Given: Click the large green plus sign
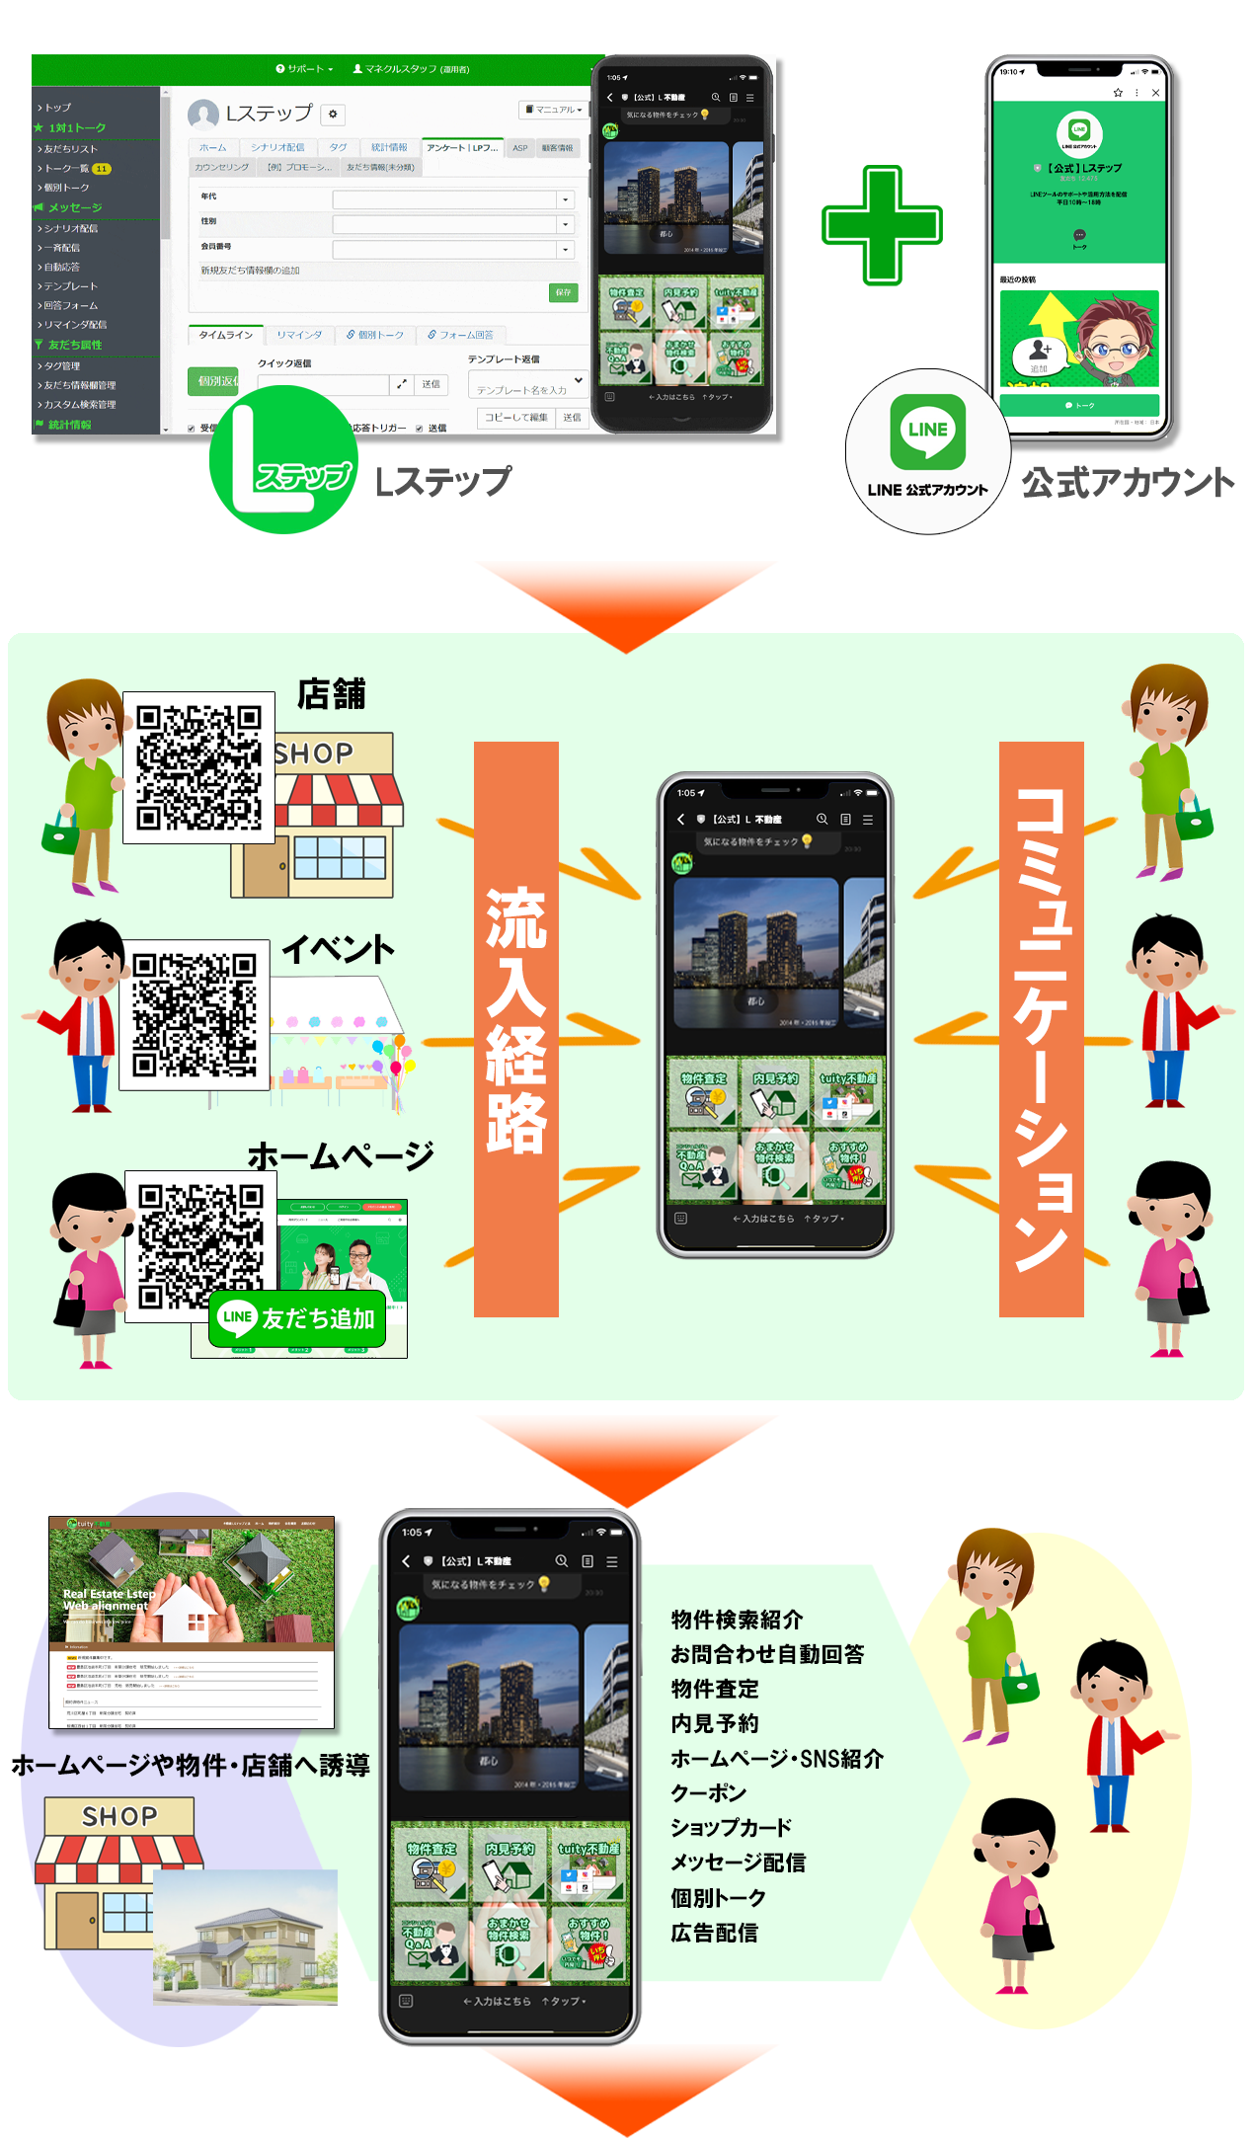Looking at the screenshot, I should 882,225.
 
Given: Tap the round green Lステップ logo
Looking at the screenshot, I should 283,460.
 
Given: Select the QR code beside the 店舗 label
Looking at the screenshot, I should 198,767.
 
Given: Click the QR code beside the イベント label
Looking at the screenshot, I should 195,1014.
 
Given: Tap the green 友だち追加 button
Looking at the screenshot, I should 297,1317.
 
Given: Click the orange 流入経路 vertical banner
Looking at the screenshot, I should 515,1028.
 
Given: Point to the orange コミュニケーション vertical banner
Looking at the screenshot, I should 1041,1028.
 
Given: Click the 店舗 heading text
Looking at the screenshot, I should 332,694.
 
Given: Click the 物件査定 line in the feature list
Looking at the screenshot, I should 715,1689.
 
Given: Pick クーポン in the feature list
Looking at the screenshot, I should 708,1792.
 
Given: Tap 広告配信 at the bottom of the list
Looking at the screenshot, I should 714,1933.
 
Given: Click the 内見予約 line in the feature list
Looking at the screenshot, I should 715,1723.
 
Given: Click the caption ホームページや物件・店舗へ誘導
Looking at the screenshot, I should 191,1765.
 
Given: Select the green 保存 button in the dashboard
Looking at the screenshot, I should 563,292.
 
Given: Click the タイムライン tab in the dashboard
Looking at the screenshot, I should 225,335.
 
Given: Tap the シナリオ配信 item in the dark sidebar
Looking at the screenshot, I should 71,228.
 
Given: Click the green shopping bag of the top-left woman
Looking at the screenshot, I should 59,835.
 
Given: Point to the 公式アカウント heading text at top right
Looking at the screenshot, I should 1128,483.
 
